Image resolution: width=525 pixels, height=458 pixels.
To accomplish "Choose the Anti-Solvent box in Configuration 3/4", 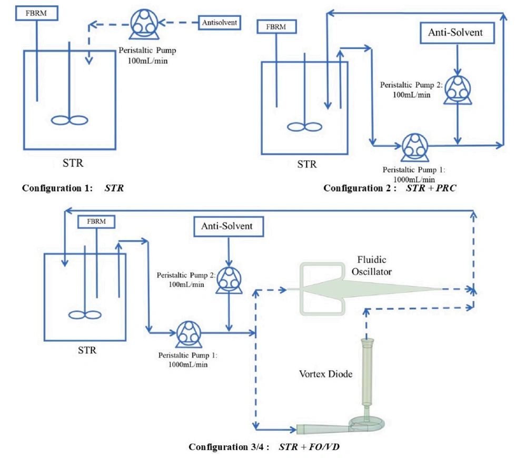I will coord(227,227).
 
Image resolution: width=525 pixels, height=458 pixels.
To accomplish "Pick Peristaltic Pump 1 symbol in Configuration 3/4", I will coord(187,332).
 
